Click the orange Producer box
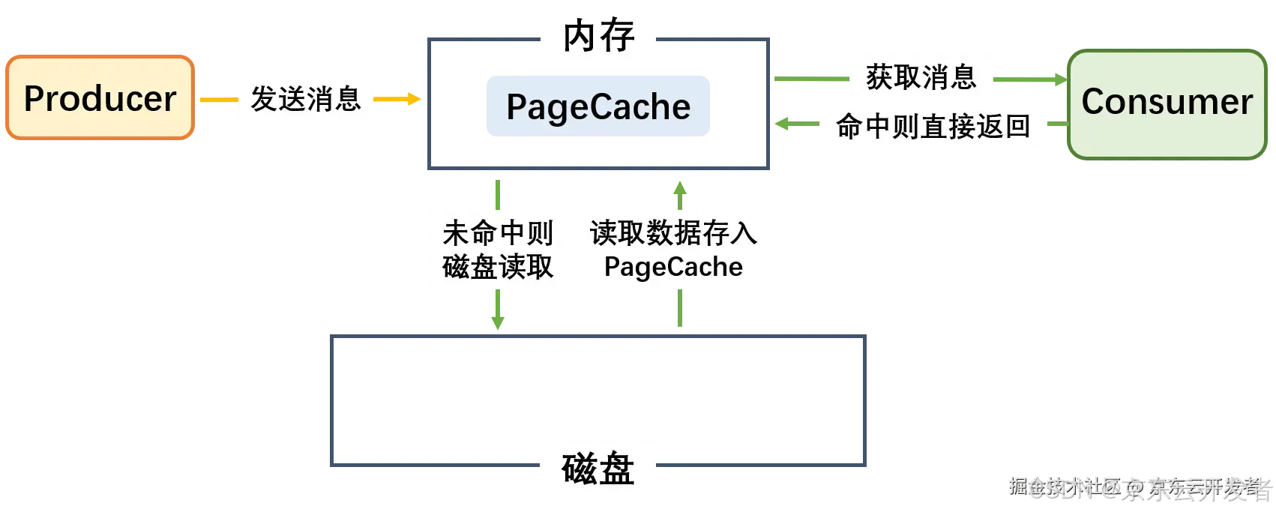click(100, 98)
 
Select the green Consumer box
click(1167, 103)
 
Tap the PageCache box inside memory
click(598, 106)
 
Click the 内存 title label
click(599, 36)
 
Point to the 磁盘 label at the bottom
click(598, 469)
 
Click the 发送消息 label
click(305, 99)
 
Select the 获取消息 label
click(921, 77)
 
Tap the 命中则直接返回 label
click(933, 126)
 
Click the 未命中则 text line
click(498, 233)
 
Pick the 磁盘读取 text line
click(498, 267)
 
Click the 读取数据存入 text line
click(673, 233)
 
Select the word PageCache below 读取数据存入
click(673, 267)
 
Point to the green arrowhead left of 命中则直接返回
click(782, 123)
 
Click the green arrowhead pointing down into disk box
click(497, 320)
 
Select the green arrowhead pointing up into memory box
click(680, 187)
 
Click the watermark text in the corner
click(1140, 489)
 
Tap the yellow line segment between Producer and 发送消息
click(216, 100)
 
